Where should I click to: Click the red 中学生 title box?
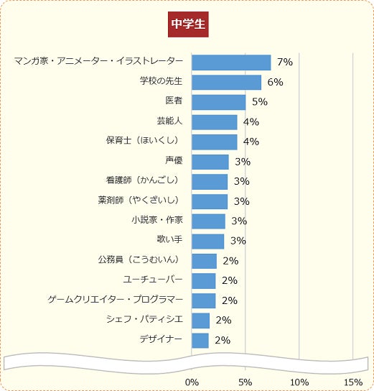click(x=188, y=24)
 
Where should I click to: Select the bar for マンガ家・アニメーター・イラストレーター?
click(x=231, y=63)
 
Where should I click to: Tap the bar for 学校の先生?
click(x=226, y=82)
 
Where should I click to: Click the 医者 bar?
click(x=218, y=102)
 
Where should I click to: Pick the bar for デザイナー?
click(x=200, y=340)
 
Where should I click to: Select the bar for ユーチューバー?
click(x=203, y=280)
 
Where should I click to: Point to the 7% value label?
click(x=284, y=63)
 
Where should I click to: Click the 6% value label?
click(x=275, y=82)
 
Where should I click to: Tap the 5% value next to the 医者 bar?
click(x=259, y=102)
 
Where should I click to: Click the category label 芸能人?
click(x=169, y=121)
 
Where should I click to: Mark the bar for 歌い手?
click(x=207, y=241)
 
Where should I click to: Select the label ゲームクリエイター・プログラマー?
click(x=115, y=298)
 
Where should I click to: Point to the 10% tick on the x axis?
click(x=299, y=381)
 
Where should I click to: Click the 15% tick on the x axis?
click(x=352, y=381)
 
